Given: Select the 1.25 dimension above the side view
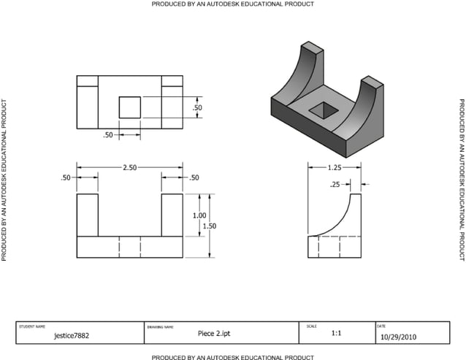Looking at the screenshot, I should click(336, 167).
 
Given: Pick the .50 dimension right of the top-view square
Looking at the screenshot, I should click(196, 108).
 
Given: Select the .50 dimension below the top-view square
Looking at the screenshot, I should click(108, 135).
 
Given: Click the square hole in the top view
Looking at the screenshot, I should click(130, 107).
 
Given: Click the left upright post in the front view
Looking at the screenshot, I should click(87, 215).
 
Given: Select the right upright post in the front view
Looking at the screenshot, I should click(172, 215).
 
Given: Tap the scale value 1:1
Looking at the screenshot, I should click(337, 333).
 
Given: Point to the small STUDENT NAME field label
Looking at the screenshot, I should click(32, 326).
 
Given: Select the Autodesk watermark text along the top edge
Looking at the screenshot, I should click(233, 4).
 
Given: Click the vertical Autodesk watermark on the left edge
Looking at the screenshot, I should click(5, 180).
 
